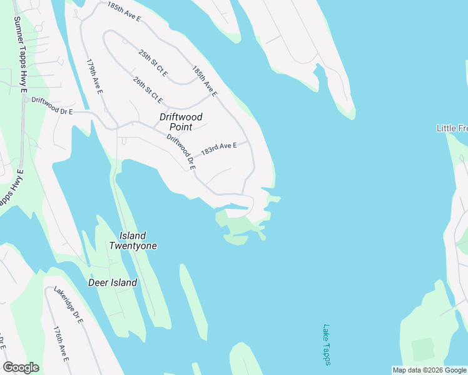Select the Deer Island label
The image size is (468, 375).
coord(113,282)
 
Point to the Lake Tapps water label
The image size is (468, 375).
coord(327,344)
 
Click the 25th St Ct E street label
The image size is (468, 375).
coord(153,64)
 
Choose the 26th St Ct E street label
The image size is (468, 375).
coord(148,90)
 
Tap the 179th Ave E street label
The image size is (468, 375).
coord(94,77)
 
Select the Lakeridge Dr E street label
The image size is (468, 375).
coord(69,304)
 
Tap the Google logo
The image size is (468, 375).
coord(21,367)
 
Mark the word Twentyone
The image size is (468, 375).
coord(133,246)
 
